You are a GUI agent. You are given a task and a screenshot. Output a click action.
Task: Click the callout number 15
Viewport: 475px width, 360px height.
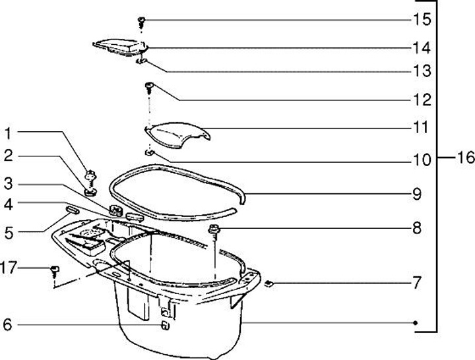[x=422, y=20]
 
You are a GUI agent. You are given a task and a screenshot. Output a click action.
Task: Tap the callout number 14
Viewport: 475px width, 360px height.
[x=422, y=47]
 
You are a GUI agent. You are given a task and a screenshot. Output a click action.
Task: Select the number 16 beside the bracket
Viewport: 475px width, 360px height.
[x=465, y=158]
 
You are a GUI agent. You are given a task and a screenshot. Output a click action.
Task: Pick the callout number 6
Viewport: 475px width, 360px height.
[x=7, y=324]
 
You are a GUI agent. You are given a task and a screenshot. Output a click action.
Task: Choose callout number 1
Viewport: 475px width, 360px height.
[x=7, y=134]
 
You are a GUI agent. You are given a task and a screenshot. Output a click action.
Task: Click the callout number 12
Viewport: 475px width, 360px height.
[x=422, y=100]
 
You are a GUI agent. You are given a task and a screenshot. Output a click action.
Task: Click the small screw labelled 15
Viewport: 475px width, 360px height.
[x=142, y=21]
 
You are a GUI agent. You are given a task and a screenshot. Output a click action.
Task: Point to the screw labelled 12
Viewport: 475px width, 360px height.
[x=149, y=86]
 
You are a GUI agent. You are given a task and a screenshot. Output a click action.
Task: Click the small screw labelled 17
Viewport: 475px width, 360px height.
[x=55, y=270]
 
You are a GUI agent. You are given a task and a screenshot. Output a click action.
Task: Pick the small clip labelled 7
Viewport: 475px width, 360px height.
[x=269, y=284]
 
